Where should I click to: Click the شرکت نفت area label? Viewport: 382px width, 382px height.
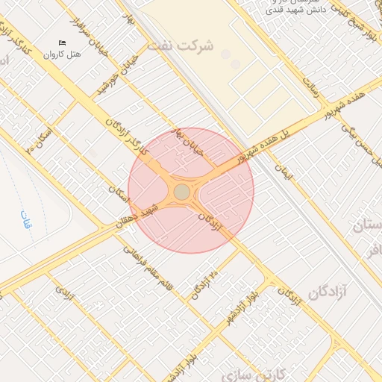point(180,45)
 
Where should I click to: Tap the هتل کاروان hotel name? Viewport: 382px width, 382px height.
point(60,54)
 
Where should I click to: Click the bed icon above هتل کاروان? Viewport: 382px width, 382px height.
point(62,42)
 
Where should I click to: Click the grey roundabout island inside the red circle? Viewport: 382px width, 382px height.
point(182,192)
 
